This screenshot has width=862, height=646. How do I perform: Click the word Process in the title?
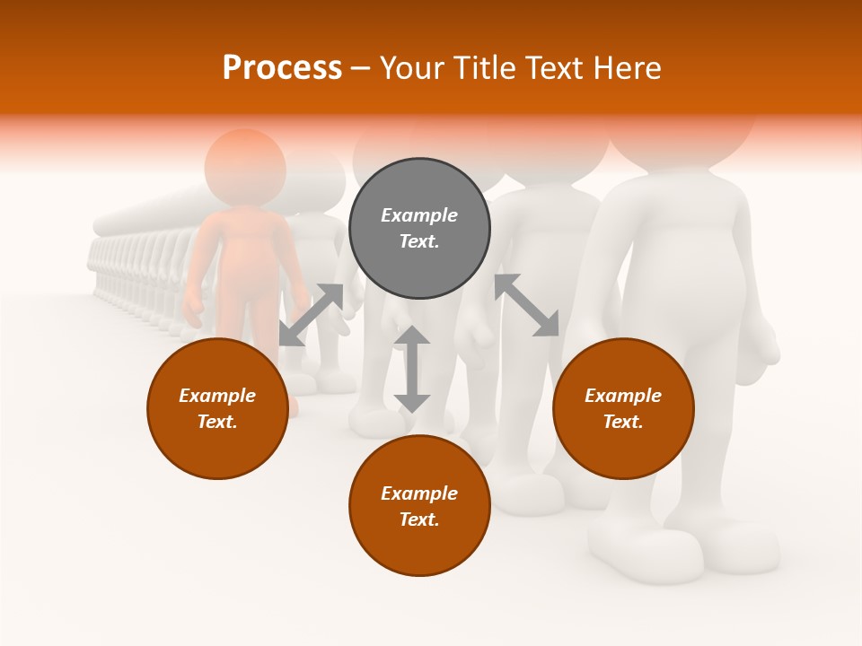[x=282, y=68]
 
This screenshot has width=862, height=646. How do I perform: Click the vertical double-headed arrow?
[x=412, y=369]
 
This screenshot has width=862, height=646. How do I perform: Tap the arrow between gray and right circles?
[x=527, y=305]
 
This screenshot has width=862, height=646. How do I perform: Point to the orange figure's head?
[x=245, y=167]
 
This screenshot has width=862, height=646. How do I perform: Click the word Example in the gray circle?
[x=419, y=215]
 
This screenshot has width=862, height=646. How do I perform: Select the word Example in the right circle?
[x=623, y=396]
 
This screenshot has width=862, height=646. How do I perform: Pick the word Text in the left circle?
[x=217, y=422]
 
